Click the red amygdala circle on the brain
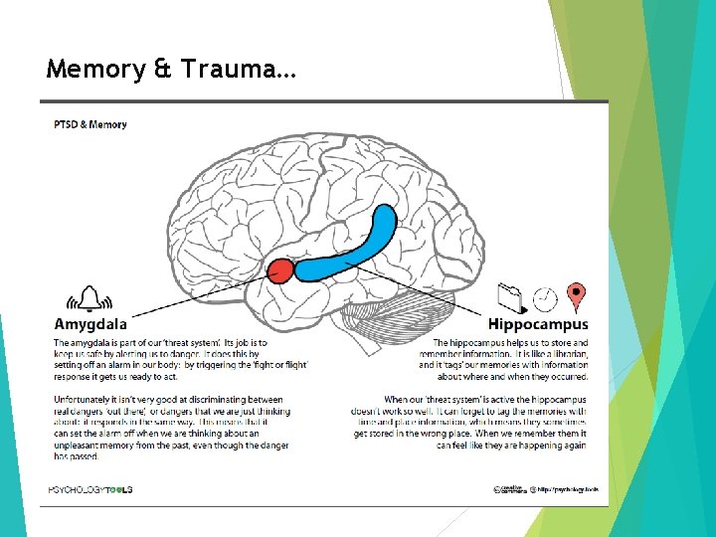(280, 269)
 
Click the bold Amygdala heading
(90, 324)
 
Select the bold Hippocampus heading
(537, 324)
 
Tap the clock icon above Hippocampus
(544, 297)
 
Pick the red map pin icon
(575, 296)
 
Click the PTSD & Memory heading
(90, 124)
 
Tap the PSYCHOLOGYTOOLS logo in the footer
(90, 488)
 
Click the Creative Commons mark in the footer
(509, 488)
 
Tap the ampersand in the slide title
(160, 70)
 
